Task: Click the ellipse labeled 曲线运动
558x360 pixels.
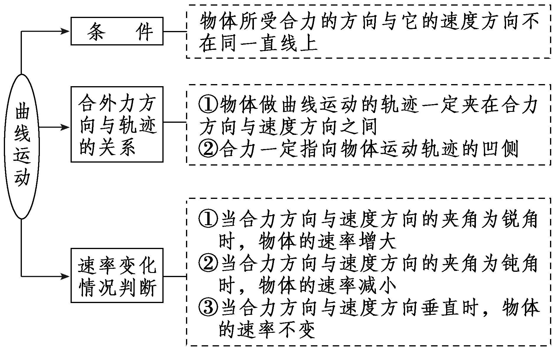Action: [22, 146]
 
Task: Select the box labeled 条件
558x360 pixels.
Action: [117, 31]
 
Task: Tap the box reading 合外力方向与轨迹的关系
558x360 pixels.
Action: [117, 124]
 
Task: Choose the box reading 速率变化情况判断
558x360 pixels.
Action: [117, 275]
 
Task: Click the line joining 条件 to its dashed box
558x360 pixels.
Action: [175, 31]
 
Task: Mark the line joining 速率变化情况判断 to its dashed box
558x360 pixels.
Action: [175, 276]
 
